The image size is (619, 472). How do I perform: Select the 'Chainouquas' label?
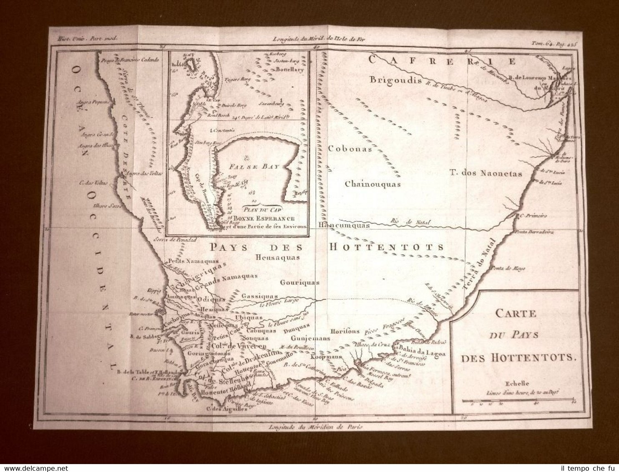[372, 184]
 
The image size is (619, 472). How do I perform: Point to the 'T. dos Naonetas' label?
[486, 173]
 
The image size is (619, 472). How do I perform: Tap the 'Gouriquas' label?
[299, 282]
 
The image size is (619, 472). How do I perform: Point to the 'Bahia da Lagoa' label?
[422, 353]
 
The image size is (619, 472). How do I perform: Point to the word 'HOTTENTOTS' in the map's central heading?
[387, 247]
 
